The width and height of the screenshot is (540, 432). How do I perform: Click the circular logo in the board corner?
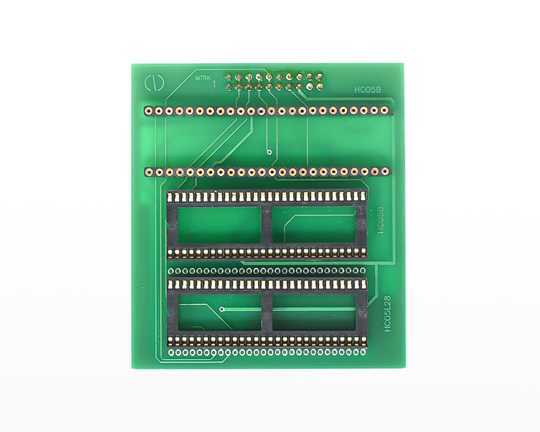tap(154, 83)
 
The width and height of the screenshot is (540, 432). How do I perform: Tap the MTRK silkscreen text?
tap(202, 78)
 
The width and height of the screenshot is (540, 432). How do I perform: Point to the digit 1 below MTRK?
tap(214, 84)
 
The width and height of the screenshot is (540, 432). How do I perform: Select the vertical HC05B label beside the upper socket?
tap(381, 221)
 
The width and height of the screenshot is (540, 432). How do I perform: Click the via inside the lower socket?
tap(222, 309)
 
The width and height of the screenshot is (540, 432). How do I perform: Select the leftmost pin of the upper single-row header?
tap(148, 111)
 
